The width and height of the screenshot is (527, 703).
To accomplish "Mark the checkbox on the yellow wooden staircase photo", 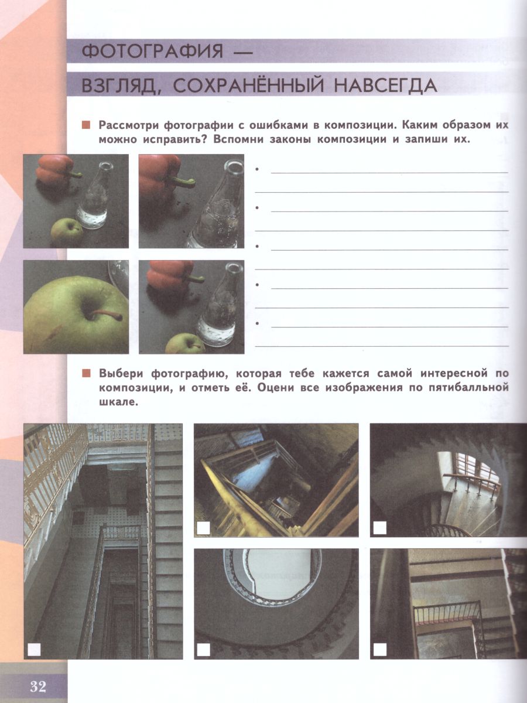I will [x=203, y=528].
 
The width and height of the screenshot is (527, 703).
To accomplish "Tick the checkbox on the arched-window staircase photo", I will [x=380, y=527].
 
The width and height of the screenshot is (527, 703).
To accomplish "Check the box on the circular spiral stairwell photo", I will [x=203, y=649].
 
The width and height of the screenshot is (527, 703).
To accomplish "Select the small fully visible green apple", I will [x=66, y=231].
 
